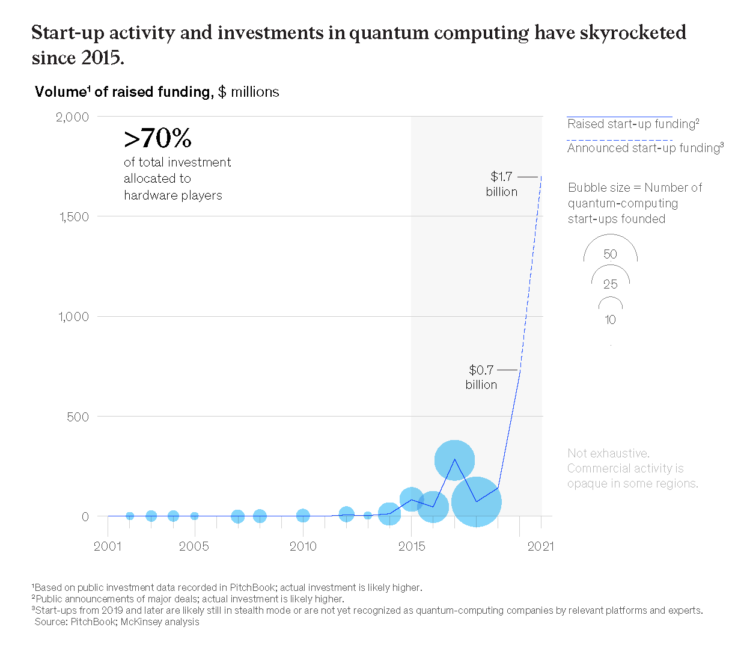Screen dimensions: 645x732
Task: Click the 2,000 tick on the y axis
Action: point(73,117)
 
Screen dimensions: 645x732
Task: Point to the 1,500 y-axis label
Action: point(74,216)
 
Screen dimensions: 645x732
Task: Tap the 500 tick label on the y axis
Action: point(78,417)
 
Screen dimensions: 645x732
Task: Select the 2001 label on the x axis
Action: point(108,546)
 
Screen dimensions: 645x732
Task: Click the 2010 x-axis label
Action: point(303,546)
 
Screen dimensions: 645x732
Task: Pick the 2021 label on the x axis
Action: point(541,546)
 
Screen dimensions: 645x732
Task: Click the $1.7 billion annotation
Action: point(502,184)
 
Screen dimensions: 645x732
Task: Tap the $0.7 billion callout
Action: point(481,377)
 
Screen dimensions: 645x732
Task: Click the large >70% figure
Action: point(157,139)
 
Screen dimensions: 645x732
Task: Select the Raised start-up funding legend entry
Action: point(633,124)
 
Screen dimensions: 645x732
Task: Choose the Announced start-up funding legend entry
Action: point(645,148)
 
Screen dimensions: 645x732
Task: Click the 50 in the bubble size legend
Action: point(610,254)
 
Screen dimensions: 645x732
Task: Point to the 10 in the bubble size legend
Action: point(610,320)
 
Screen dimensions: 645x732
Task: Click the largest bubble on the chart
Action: point(476,502)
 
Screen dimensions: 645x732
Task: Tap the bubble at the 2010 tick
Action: point(303,515)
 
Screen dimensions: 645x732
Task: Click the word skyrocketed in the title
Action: point(632,32)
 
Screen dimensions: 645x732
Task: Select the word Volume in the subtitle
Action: point(60,92)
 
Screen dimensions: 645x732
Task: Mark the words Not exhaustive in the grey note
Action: point(608,453)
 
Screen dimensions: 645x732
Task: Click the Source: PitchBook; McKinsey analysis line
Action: point(117,622)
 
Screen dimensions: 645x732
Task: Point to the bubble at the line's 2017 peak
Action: point(454,460)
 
